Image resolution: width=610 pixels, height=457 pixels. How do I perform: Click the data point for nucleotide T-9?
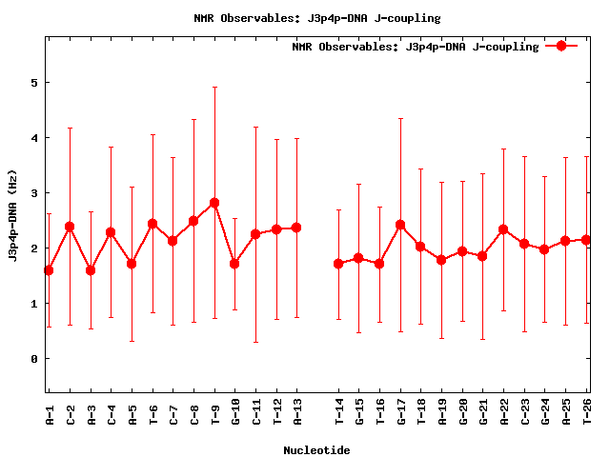tap(214, 203)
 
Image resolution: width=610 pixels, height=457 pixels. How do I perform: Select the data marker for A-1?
tap(49, 270)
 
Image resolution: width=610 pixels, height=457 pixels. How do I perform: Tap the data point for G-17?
tap(400, 225)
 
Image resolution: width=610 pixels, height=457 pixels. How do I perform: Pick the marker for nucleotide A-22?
tap(503, 229)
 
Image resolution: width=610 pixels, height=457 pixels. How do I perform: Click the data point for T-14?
tap(338, 264)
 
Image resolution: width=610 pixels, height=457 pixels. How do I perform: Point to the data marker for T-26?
tap(586, 240)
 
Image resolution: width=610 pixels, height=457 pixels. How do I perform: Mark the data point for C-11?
tap(255, 234)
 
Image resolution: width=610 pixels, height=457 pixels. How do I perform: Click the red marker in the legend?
tap(561, 46)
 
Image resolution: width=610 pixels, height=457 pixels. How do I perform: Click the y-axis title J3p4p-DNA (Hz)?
tap(13, 214)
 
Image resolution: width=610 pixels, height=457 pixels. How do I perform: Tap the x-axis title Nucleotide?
tap(316, 450)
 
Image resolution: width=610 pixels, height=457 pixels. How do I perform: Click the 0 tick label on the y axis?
tap(33, 359)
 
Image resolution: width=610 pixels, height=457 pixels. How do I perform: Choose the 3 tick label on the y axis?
tap(33, 193)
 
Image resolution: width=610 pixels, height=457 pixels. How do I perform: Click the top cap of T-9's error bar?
tap(214, 88)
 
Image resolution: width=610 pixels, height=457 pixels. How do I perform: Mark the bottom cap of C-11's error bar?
tap(255, 342)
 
